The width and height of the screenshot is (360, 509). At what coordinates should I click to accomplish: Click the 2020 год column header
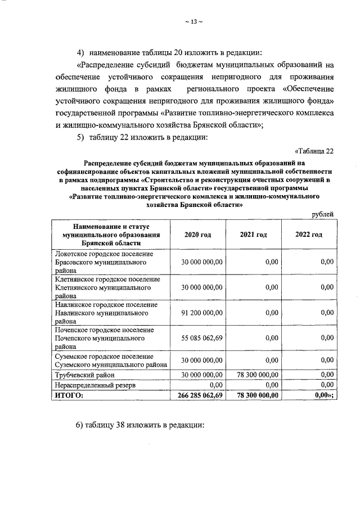pyautogui.click(x=197, y=234)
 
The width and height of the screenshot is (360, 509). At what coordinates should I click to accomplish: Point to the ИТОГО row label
pyautogui.click(x=69, y=395)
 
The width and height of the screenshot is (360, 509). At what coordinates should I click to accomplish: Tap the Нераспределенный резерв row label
pyautogui.click(x=95, y=385)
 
